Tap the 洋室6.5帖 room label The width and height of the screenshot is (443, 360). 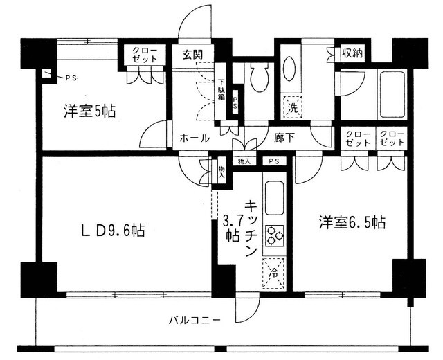point(352,223)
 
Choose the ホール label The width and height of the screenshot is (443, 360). point(195,138)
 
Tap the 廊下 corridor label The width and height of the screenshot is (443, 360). point(284,138)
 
